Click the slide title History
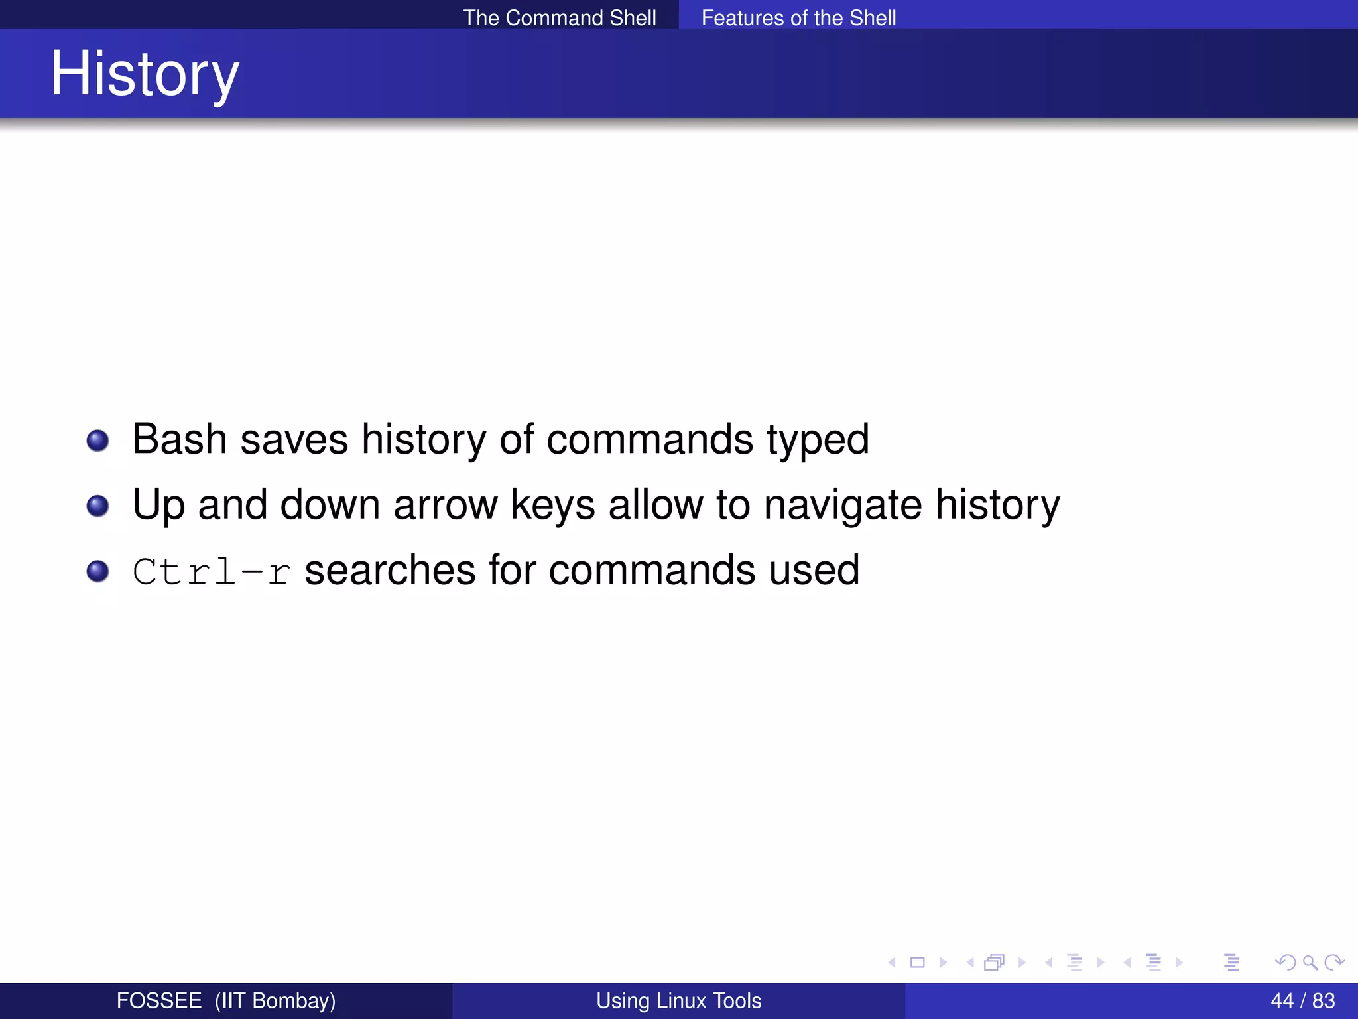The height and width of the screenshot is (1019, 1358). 145,74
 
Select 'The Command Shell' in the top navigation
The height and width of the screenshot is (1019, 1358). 559,17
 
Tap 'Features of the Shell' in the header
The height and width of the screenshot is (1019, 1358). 798,17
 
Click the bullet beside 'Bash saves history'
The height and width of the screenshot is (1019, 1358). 97,441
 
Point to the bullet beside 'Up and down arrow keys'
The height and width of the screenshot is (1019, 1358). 97,506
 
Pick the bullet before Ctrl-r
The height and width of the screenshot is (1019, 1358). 97,571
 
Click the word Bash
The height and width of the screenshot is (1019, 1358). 179,439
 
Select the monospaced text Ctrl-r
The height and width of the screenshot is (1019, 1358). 212,571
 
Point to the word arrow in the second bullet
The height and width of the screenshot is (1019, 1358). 445,505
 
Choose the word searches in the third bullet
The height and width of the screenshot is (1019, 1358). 390,570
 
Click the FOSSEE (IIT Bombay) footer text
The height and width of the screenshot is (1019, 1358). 225,1000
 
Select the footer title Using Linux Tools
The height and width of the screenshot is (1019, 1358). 678,1000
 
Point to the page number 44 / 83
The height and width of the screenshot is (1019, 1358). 1302,1000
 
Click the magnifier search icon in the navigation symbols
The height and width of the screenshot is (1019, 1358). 1310,962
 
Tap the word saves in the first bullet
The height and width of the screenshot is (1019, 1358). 294,439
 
